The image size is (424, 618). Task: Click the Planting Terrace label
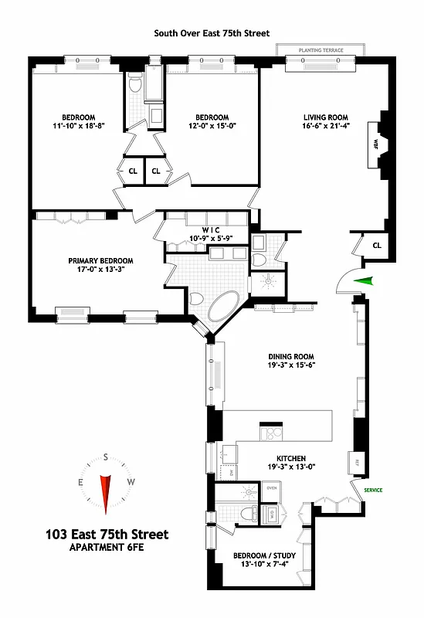[321, 51]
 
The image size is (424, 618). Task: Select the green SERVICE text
[374, 490]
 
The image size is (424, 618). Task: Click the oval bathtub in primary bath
[225, 307]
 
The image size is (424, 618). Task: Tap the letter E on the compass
[80, 482]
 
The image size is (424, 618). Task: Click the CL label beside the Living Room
[377, 245]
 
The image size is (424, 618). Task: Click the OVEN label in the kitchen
[272, 488]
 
